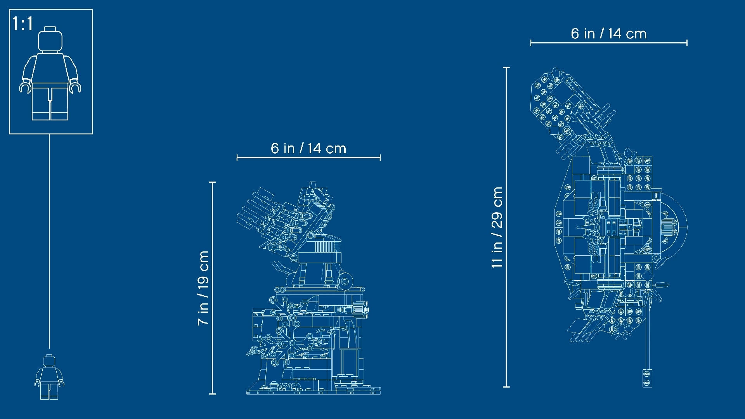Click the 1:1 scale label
pyautogui.click(x=23, y=24)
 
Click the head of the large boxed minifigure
pyautogui.click(x=50, y=39)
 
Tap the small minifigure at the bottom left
pyautogui.click(x=49, y=377)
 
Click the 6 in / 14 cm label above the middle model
pyautogui.click(x=308, y=148)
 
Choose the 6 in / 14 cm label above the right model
pyautogui.click(x=609, y=34)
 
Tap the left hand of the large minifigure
pyautogui.click(x=25, y=87)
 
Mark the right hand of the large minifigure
pyautogui.click(x=75, y=87)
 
